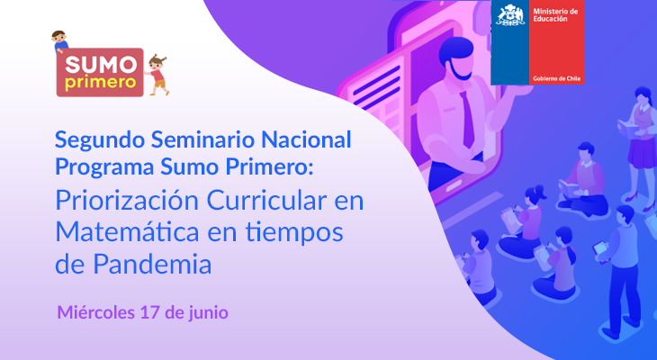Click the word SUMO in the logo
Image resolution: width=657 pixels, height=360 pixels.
[101, 65]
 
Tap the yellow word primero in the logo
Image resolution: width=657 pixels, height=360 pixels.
[101, 81]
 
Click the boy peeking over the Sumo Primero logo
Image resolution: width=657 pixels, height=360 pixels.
[60, 41]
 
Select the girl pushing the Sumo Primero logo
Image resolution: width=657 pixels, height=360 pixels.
[157, 75]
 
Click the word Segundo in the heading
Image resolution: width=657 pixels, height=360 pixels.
[100, 140]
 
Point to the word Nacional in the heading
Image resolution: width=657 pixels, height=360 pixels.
[306, 139]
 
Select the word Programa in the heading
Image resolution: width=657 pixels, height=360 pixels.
[105, 167]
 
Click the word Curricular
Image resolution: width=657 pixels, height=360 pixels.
[266, 201]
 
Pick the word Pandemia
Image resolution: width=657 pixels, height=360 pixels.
[152, 265]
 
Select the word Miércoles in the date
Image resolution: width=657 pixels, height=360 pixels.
[96, 312]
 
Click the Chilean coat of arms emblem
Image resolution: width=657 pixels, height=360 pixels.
[510, 15]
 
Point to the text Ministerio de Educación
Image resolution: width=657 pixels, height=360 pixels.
[555, 15]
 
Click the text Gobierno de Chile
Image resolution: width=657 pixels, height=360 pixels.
[556, 78]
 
